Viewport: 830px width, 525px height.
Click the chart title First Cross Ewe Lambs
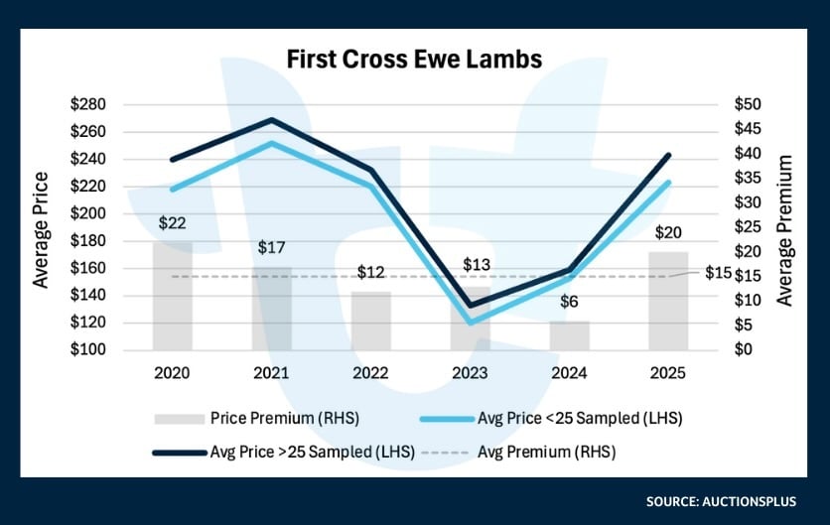(414, 60)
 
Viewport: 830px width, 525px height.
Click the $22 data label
(172, 224)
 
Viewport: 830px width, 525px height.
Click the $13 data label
(478, 265)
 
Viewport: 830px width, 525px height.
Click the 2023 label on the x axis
(470, 374)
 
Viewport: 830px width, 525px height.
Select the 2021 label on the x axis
(271, 374)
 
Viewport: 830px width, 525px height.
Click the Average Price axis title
(41, 230)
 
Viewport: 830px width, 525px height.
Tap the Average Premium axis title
(784, 230)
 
